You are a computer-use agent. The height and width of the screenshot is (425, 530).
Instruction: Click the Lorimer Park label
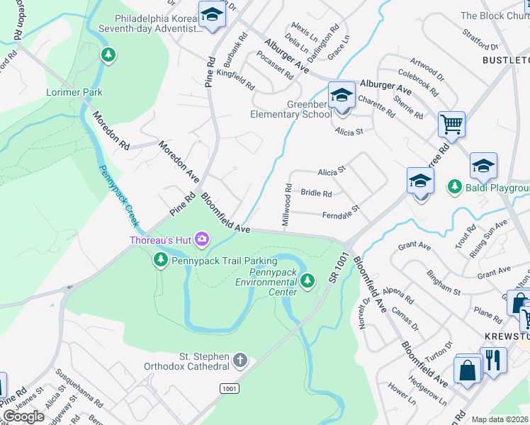(74, 92)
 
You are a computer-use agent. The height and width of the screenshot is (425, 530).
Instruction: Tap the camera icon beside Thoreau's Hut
(202, 240)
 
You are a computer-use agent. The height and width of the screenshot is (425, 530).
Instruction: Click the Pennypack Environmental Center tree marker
(307, 281)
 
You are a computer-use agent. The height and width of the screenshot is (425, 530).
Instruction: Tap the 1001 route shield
(229, 388)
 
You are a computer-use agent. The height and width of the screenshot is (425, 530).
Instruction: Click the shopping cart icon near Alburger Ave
(451, 125)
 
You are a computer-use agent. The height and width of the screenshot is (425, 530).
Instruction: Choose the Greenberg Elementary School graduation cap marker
(342, 95)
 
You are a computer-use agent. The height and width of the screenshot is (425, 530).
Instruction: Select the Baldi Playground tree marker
(454, 188)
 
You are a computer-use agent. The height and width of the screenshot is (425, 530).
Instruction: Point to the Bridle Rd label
(316, 193)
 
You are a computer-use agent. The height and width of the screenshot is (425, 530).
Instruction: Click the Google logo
(23, 416)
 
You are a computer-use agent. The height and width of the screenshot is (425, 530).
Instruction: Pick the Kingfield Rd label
(235, 79)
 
